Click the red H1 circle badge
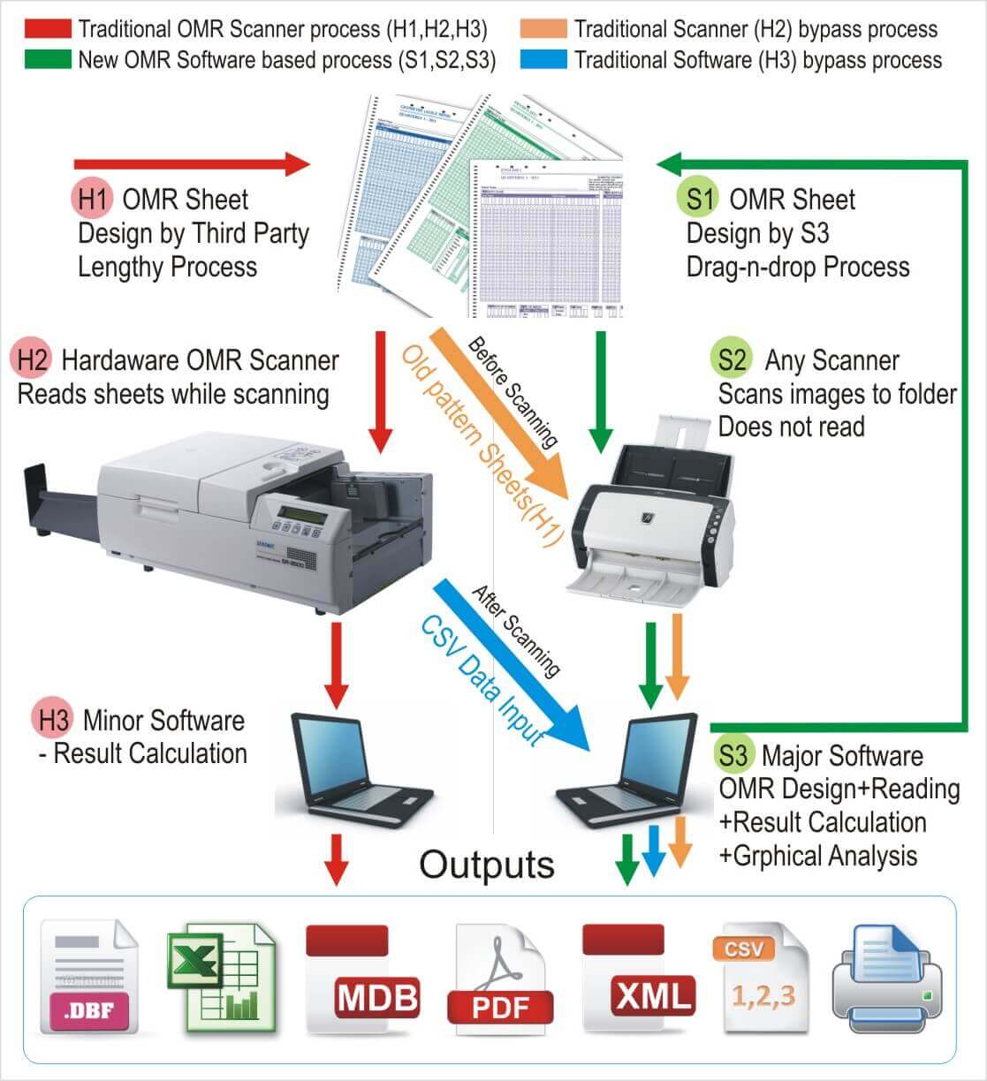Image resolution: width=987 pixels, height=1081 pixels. pos(91,199)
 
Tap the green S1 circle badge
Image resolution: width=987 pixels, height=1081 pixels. pos(699,199)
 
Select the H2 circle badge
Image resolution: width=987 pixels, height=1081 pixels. pos(32,360)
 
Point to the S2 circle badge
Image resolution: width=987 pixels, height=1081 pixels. pos(732,360)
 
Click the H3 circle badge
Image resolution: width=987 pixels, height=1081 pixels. pos(53,720)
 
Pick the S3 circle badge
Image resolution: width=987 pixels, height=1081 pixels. pos(733,755)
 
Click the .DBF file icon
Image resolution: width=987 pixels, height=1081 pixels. pos(90,977)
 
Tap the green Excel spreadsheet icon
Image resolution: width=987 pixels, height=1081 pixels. pos(220,977)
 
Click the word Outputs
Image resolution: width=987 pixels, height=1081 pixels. pos(487,864)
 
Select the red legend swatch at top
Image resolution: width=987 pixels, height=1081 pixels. pos(48,28)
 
